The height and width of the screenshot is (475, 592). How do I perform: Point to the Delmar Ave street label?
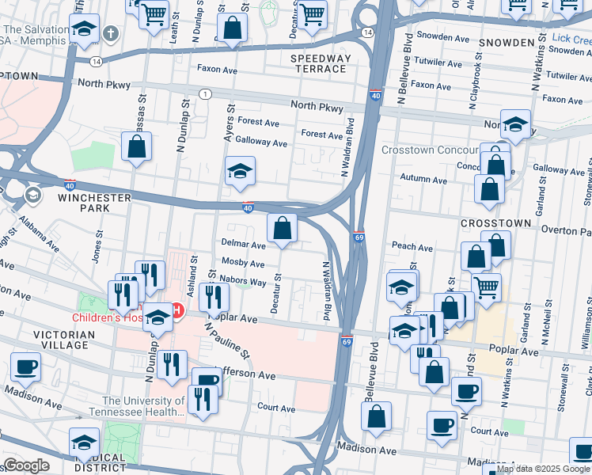pos(243,245)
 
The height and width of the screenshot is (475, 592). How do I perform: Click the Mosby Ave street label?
pos(243,262)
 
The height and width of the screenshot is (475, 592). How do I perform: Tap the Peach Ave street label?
pos(412,247)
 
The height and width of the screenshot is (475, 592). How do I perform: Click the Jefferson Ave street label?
pos(245,374)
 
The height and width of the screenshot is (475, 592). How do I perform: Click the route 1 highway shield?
pos(206,94)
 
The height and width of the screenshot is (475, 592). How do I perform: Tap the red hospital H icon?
pos(178,310)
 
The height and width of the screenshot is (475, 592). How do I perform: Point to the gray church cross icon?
pos(112,34)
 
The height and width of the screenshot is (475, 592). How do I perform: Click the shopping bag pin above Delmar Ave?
pos(282,229)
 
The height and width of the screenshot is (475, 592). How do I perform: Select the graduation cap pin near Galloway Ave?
pos(239,171)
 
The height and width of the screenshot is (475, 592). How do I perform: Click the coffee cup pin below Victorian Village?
pos(26,367)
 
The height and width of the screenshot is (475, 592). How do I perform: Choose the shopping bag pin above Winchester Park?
pos(137,146)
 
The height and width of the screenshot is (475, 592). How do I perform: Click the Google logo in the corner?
pos(25,465)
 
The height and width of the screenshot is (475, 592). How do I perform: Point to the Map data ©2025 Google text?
pos(543,469)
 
